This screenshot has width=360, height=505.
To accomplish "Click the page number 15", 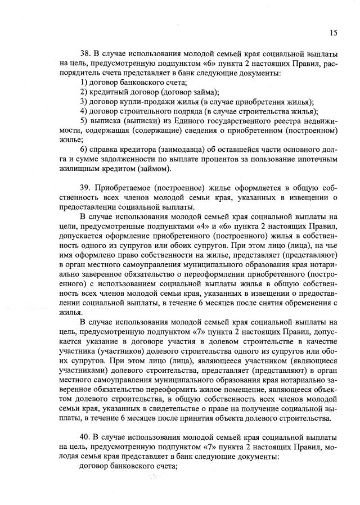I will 334,33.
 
